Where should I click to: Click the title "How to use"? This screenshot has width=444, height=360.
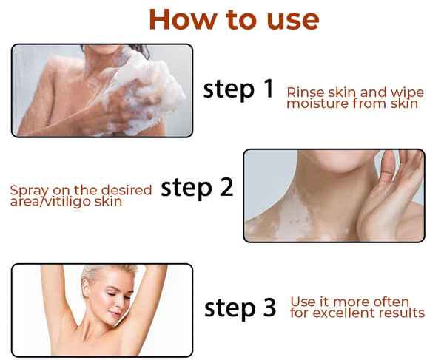(x=233, y=19)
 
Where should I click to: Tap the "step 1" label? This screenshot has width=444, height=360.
(x=238, y=89)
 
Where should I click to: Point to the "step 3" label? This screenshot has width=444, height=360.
(x=240, y=307)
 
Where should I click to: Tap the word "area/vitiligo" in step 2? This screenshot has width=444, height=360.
(x=45, y=201)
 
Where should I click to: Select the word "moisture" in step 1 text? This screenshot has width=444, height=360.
(x=317, y=103)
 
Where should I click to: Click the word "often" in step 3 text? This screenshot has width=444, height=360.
(x=388, y=302)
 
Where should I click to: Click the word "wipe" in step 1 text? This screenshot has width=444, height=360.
(x=408, y=92)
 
